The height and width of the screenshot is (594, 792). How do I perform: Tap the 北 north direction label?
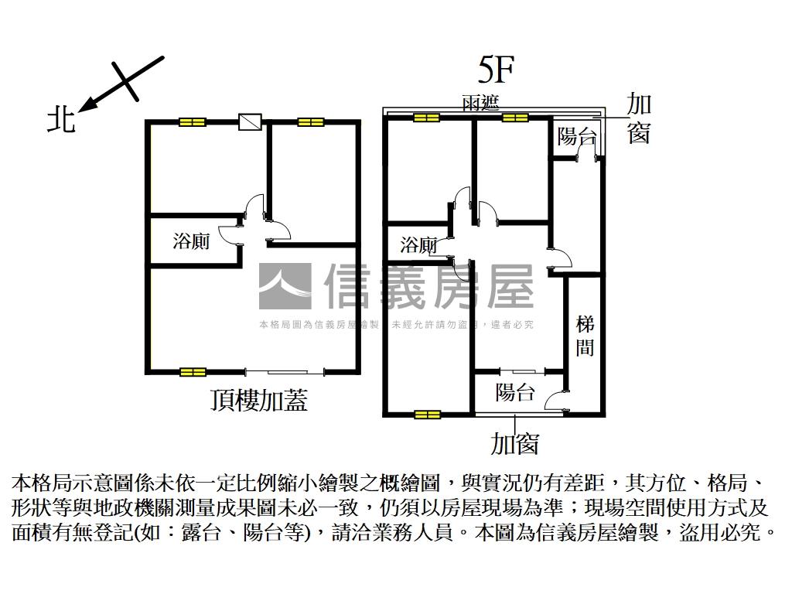pos(61,120)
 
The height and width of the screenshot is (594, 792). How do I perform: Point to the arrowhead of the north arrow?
pos(84,107)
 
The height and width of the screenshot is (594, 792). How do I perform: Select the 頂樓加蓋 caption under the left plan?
pos(258,400)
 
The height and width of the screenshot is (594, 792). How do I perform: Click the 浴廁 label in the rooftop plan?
pos(191,241)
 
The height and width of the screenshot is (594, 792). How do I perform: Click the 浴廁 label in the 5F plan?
pos(418,246)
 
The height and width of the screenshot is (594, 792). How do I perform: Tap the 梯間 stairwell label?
pos(585,336)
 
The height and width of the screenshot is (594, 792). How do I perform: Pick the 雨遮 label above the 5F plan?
pos(480,103)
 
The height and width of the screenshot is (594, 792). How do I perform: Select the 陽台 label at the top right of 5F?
pos(577,137)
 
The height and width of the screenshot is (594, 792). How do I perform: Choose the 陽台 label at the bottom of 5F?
pos(515,392)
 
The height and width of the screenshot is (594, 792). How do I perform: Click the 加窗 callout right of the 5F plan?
pos(639,118)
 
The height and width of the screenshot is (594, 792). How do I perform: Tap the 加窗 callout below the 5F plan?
pos(514,444)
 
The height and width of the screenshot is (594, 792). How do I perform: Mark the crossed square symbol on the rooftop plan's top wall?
pos(250,122)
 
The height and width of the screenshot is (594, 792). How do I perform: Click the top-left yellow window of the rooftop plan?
pos(192,122)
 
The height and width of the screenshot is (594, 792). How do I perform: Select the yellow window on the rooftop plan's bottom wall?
pos(192,372)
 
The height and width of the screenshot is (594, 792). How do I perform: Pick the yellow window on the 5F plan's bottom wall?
pos(427,415)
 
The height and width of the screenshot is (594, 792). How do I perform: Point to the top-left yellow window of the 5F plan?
pos(426,118)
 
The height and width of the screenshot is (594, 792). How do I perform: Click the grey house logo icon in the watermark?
pos(285,286)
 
